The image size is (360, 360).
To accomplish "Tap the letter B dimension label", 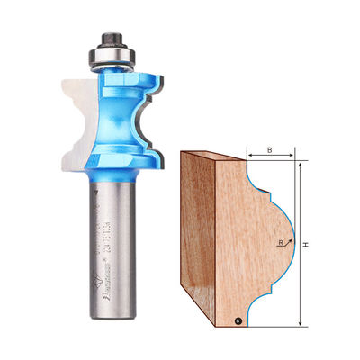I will pos(269,150).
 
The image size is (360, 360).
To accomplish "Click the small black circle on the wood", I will pos(238,319).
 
